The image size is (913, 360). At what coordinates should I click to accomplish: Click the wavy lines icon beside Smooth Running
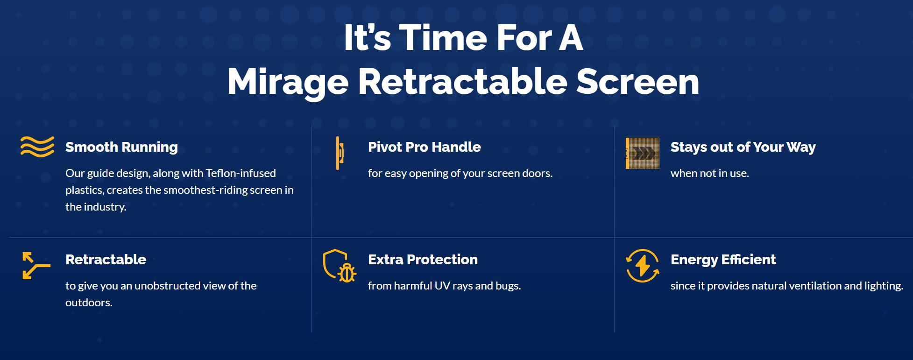pos(37,147)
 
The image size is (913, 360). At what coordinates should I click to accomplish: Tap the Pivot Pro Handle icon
pos(340,153)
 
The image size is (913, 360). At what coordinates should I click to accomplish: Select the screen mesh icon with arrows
pos(643,153)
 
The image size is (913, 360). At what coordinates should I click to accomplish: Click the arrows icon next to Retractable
pos(36,266)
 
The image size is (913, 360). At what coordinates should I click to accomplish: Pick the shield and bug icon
pos(340,266)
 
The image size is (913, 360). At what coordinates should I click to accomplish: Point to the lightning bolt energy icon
pos(643,266)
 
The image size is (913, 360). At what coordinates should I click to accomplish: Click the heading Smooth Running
pos(121,147)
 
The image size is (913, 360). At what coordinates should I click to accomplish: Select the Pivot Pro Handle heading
pos(424,147)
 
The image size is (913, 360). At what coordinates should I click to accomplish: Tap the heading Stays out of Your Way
pos(743,147)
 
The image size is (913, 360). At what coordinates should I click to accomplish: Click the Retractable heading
pos(106,260)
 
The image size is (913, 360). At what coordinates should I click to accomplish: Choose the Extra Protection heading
pos(423,260)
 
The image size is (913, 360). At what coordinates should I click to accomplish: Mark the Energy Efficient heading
pos(723,260)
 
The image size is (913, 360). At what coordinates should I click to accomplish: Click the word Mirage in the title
pos(288,83)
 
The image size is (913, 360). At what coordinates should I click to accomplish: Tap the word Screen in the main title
pos(637,82)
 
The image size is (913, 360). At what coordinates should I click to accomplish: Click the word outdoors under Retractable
pos(89,303)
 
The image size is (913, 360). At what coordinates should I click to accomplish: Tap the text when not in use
pos(710,173)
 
